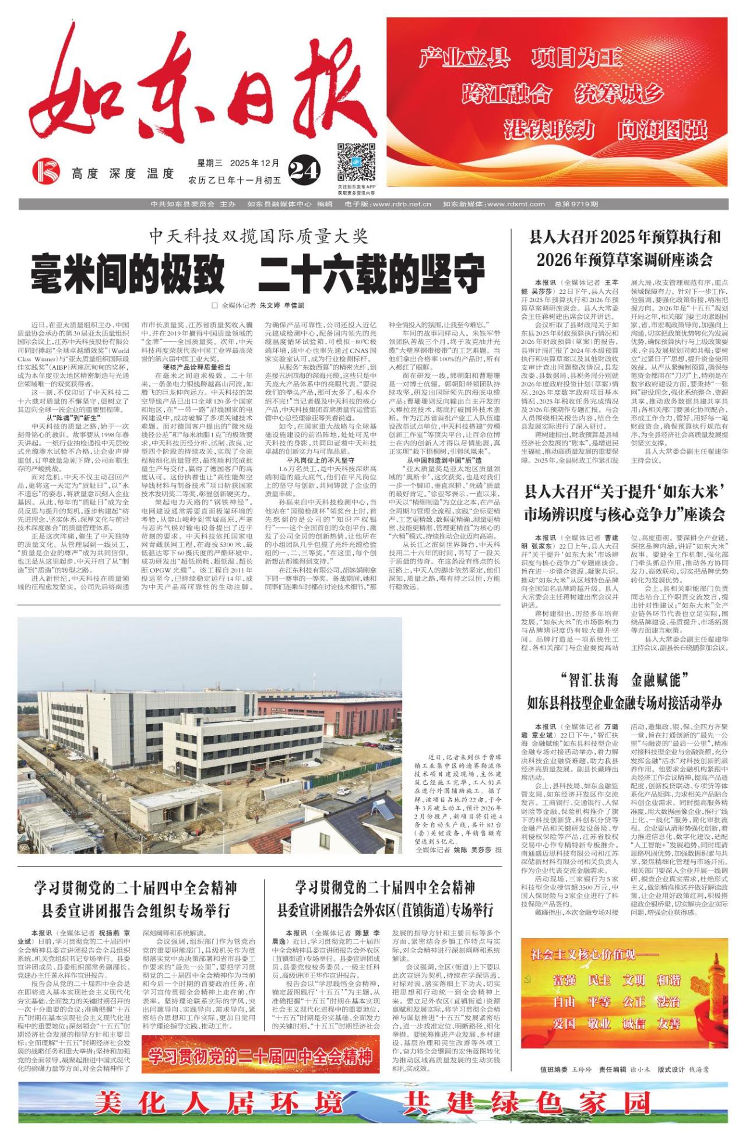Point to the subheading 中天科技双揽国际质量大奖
tap(258, 236)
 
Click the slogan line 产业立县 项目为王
tap(521, 58)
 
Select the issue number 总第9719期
tap(576, 204)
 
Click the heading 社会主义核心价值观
tap(583, 954)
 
